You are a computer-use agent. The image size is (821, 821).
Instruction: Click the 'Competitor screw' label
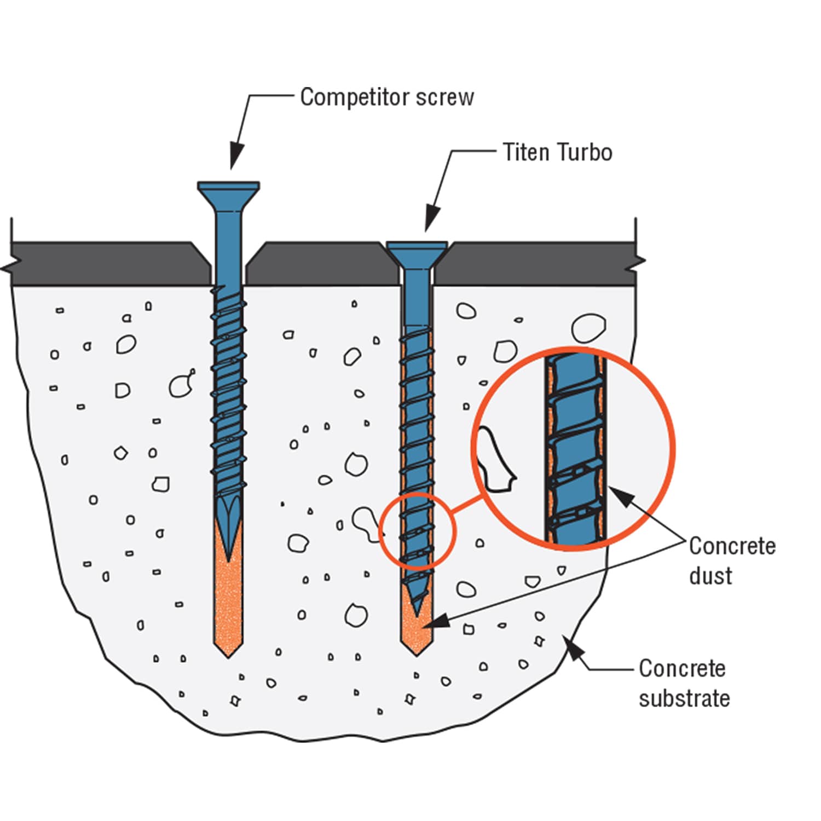point(386,97)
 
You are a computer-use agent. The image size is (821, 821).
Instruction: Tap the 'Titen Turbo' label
point(557,152)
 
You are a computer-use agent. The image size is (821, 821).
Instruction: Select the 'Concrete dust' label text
point(731,560)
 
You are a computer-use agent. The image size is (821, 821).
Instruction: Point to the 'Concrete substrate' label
point(684,683)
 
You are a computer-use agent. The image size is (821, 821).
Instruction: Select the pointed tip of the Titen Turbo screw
point(418,612)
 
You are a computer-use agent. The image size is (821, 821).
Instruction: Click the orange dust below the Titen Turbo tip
point(416,635)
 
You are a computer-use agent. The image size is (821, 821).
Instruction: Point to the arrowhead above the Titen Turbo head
point(431,219)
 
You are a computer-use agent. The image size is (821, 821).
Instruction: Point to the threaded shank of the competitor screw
point(228,394)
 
